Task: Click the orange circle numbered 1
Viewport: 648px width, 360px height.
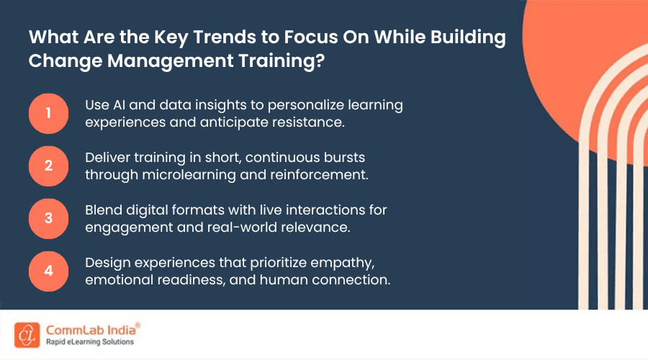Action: point(48,114)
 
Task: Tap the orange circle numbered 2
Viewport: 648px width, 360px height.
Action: point(48,166)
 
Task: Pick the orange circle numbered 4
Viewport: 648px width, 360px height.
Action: point(48,271)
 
